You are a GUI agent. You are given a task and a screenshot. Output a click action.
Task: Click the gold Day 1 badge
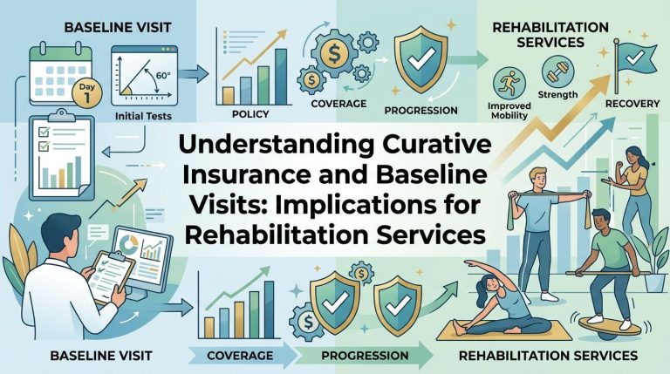(x=86, y=93)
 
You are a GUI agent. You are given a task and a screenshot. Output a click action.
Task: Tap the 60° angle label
(x=163, y=76)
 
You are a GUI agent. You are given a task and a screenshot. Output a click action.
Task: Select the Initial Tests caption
(x=143, y=116)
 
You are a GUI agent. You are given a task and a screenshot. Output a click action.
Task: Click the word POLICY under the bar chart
(x=250, y=114)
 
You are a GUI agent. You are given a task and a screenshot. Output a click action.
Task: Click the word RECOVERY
(x=632, y=104)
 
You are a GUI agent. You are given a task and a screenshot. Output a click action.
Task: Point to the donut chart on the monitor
(x=128, y=244)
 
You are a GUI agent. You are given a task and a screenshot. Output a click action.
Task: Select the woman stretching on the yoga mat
(x=504, y=305)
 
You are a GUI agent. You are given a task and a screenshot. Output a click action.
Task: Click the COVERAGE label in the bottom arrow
(x=240, y=355)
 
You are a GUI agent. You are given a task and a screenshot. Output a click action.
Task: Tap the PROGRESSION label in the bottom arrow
(x=365, y=355)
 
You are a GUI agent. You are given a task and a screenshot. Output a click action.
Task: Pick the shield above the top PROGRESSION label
(x=420, y=58)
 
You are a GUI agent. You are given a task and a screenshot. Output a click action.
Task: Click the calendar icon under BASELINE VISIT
(x=60, y=71)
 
